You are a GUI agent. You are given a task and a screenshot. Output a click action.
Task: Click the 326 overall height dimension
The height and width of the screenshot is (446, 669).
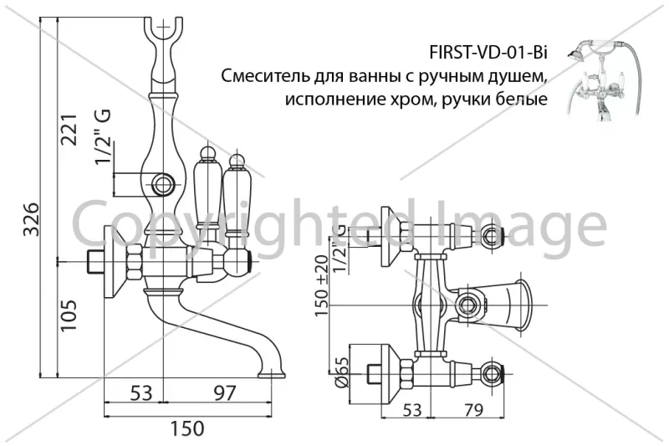point(31,219)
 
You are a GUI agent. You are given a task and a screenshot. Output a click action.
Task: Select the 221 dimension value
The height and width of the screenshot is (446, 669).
point(69,130)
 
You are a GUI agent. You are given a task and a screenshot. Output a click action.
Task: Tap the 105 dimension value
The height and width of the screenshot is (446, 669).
point(69,315)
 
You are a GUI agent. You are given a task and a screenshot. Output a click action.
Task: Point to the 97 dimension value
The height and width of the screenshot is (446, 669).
point(224,392)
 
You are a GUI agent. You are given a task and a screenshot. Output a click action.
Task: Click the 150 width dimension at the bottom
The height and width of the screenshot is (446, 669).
point(187,428)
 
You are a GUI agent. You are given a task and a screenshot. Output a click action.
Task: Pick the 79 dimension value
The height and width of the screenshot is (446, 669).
point(473,410)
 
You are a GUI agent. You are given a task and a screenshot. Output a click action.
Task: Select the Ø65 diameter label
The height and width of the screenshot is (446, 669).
point(342,372)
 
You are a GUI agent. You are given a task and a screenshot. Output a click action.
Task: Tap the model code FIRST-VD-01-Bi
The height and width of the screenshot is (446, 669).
point(488,54)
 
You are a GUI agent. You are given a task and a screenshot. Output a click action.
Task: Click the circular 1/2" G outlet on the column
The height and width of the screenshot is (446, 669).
point(162,185)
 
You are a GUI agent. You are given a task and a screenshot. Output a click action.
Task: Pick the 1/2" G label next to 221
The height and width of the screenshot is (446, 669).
point(103,136)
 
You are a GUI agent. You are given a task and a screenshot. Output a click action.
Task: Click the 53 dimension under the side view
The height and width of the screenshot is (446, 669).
point(140,392)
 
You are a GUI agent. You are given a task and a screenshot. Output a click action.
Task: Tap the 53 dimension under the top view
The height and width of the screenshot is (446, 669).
point(411,410)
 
